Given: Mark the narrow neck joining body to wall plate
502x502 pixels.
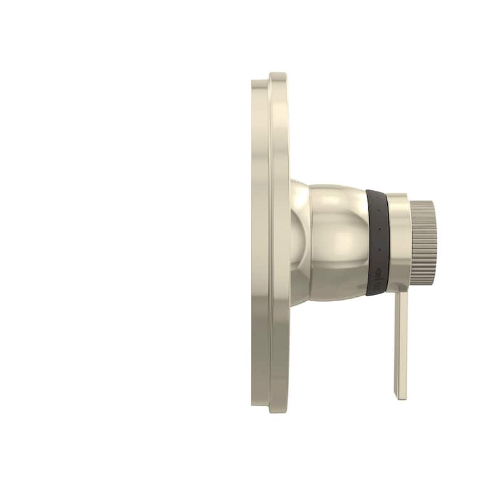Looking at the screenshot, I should click(299, 242).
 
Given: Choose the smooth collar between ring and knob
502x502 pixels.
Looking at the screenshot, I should click(398, 241).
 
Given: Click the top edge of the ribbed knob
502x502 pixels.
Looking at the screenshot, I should click(424, 201).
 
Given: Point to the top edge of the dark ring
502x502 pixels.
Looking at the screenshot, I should click(375, 189).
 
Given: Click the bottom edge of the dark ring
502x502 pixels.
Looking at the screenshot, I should click(375, 294).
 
